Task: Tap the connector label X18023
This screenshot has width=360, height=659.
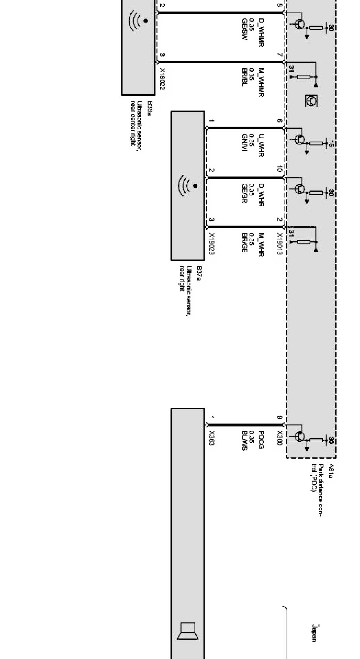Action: click(x=212, y=244)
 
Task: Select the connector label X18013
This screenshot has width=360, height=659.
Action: click(x=279, y=244)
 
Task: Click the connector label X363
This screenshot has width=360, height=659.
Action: click(x=212, y=438)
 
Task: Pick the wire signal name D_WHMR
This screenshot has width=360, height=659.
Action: click(x=261, y=32)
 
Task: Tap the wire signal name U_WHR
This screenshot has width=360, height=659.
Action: click(x=261, y=146)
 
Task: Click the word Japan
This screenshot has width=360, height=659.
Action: click(x=314, y=633)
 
